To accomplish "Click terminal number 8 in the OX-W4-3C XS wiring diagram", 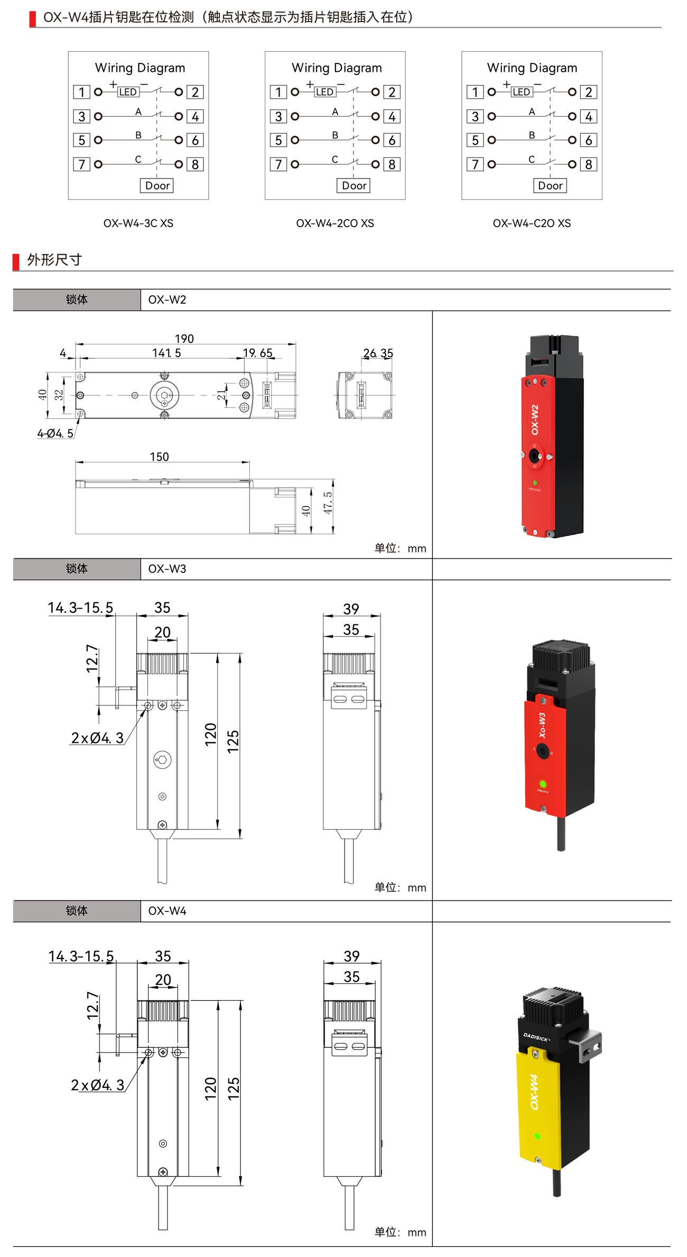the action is click(x=195, y=164).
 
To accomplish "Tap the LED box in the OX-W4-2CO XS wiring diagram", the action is click(x=324, y=92).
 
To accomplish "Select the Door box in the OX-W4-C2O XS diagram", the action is click(x=550, y=185).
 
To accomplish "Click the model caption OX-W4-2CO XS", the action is click(x=335, y=223).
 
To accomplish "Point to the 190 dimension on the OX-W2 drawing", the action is click(x=184, y=338).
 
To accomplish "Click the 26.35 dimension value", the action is click(x=378, y=353).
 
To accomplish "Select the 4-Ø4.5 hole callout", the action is click(x=55, y=433).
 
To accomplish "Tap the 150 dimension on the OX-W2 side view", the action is click(x=159, y=457).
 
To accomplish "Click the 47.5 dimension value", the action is click(x=328, y=502).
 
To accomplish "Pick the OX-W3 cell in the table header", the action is click(x=167, y=569).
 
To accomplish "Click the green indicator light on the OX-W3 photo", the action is click(x=543, y=784).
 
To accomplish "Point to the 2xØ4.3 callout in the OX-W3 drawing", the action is click(x=97, y=738).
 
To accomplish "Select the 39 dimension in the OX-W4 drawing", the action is click(x=351, y=956).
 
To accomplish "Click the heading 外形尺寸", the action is click(x=54, y=260).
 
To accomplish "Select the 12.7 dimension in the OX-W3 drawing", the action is click(x=92, y=658).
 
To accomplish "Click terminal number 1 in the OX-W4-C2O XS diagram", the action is click(x=475, y=92).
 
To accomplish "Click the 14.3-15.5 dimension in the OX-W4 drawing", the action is click(x=81, y=956).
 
